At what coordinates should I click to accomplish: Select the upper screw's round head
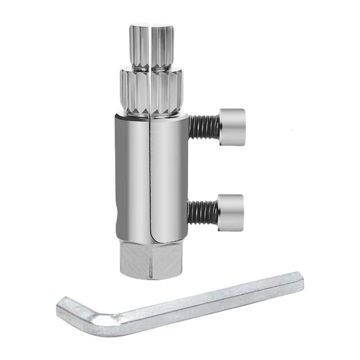click(232, 126)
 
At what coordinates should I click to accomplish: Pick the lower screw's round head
click(230, 211)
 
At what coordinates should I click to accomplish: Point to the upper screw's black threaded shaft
click(203, 127)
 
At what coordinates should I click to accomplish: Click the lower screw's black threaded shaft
click(202, 212)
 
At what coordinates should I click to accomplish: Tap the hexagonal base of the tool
click(150, 259)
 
